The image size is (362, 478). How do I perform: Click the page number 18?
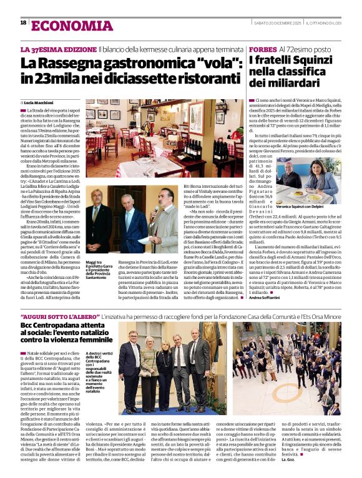(23, 22)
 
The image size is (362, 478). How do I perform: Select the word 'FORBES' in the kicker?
(262, 49)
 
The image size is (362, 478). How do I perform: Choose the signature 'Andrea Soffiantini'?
(270, 299)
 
